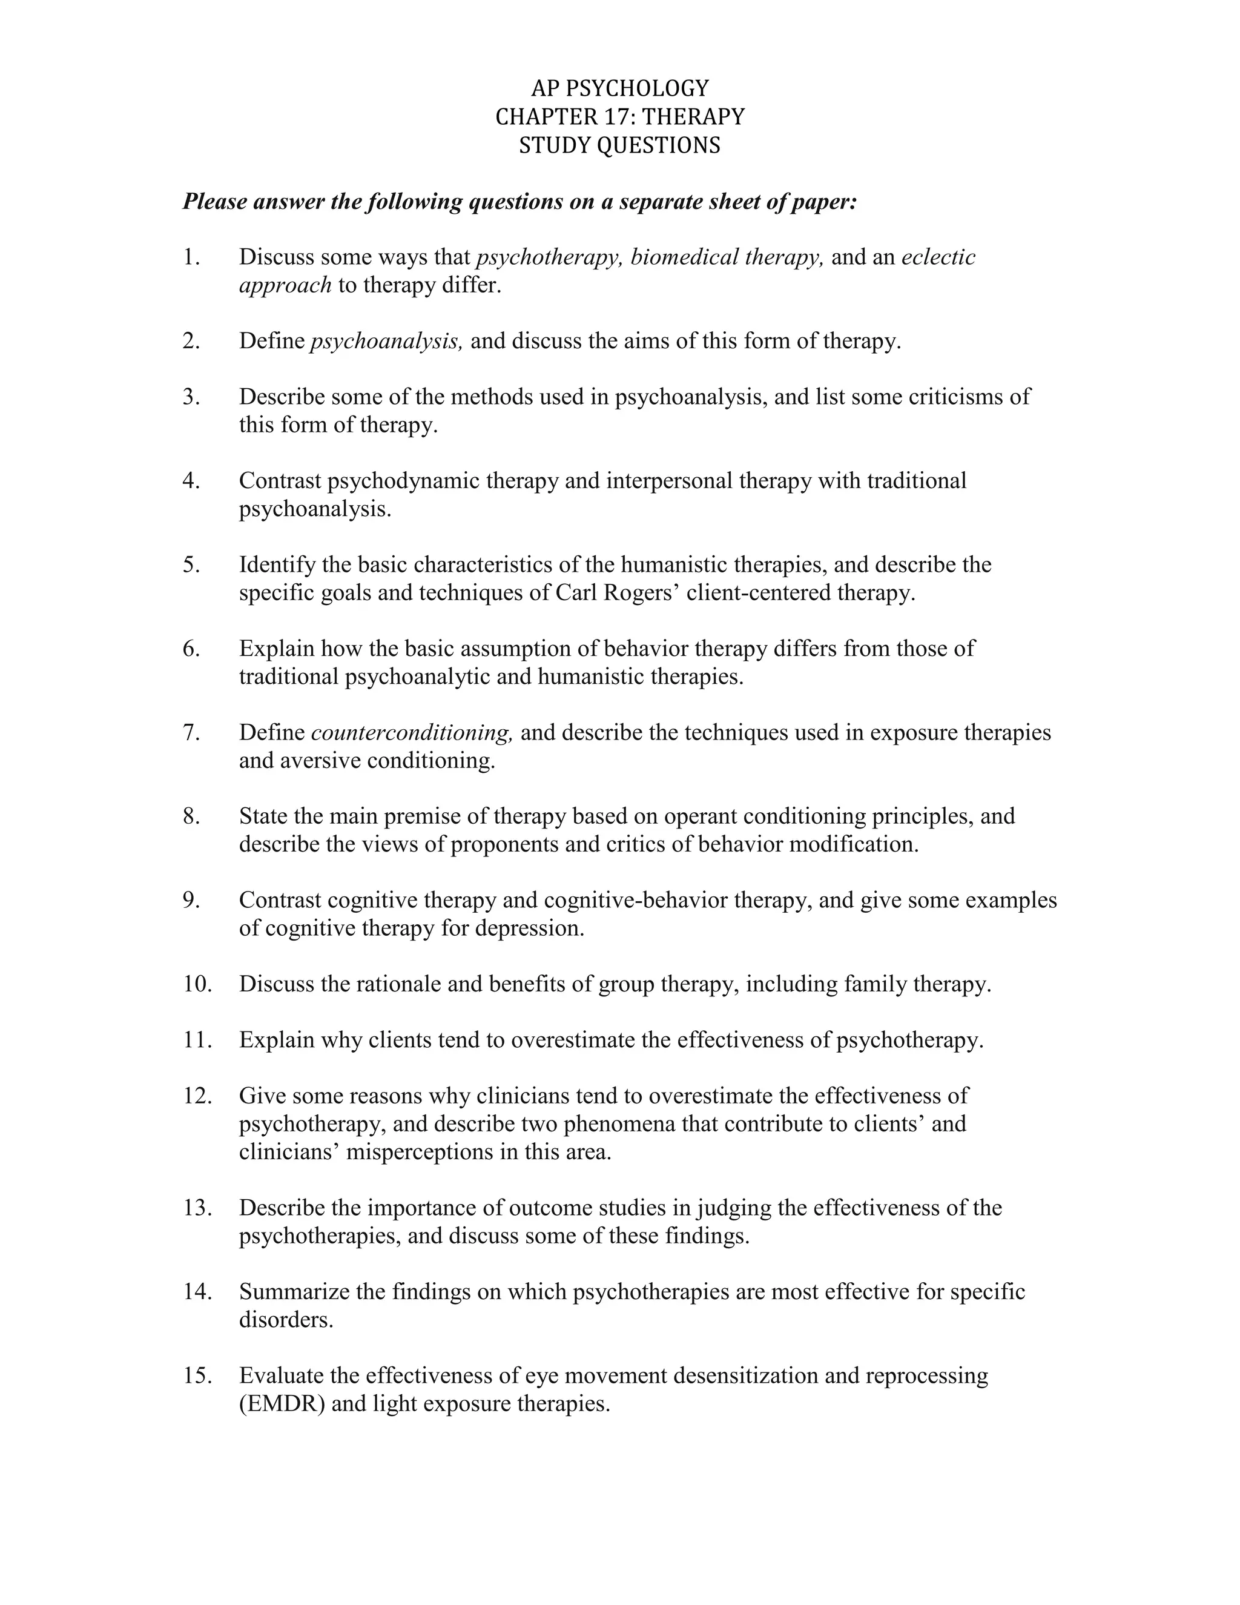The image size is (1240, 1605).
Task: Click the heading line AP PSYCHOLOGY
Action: pyautogui.click(x=620, y=88)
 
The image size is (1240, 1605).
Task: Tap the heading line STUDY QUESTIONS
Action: pyautogui.click(x=620, y=145)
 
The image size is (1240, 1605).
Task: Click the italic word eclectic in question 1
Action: pyautogui.click(x=938, y=257)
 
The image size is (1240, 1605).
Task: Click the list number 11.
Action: pyautogui.click(x=197, y=1040)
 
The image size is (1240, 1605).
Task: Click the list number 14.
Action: pyautogui.click(x=197, y=1291)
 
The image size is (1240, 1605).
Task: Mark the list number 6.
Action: pyautogui.click(x=191, y=648)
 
